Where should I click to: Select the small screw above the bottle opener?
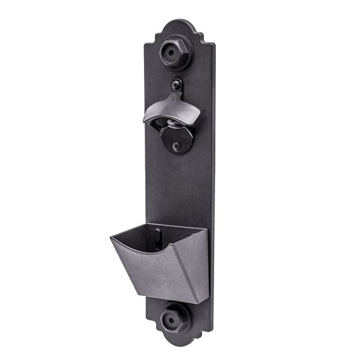click(x=176, y=83)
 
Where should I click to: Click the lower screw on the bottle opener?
click(x=176, y=145)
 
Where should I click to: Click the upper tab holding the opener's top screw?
click(x=176, y=87)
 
